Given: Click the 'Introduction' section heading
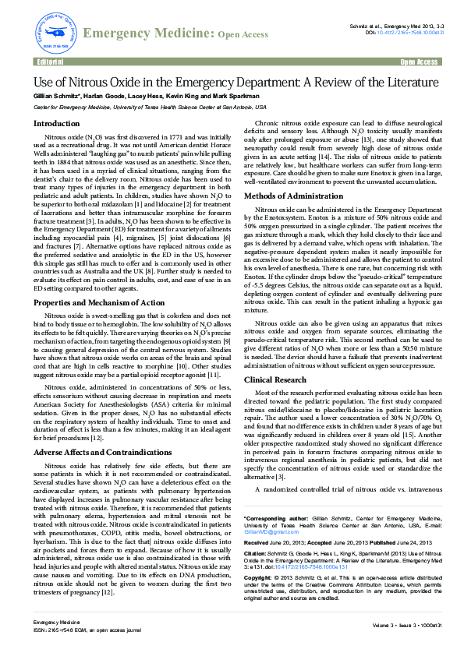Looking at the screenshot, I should click(x=56, y=123).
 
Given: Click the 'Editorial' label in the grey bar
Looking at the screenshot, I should click(x=51, y=62).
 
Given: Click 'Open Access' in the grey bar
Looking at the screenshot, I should click(x=418, y=62).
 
